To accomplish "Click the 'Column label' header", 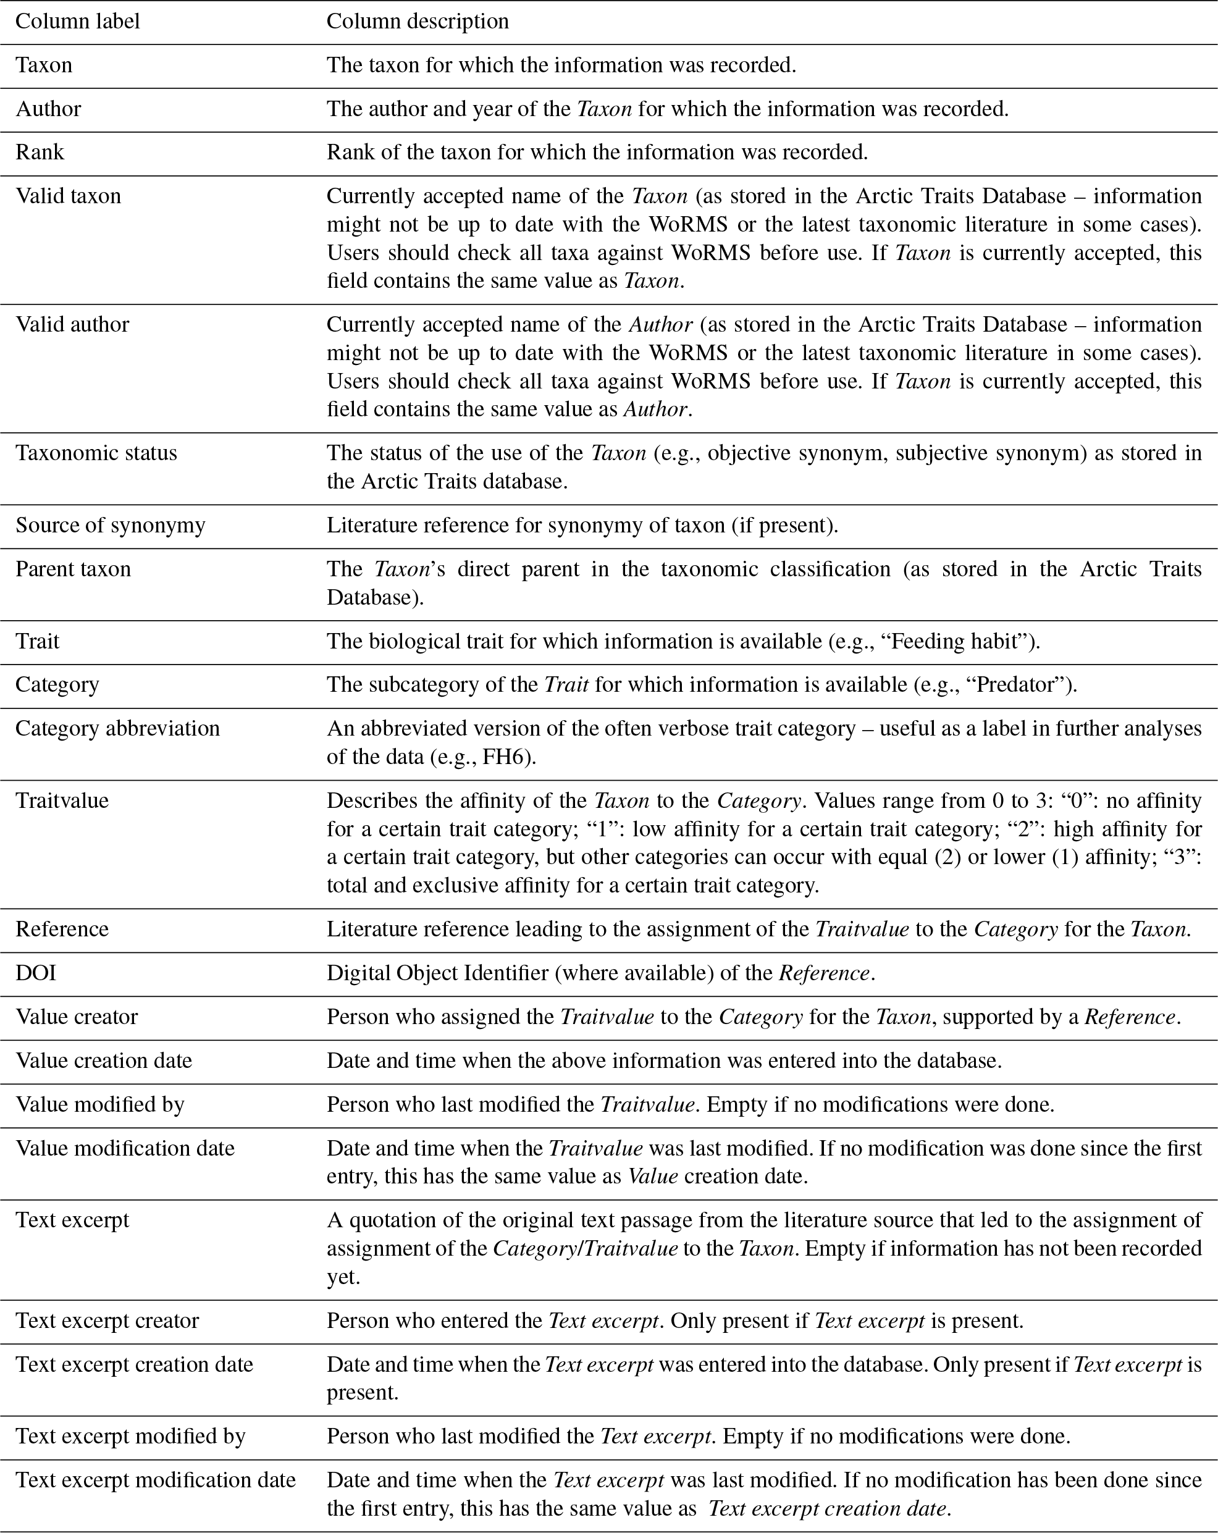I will coord(77,22).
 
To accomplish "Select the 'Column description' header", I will coord(418,22).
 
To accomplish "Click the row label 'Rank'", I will coord(40,152).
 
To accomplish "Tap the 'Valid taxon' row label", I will coord(69,196).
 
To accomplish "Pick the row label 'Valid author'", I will coord(72,324).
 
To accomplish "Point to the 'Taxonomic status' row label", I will coord(96,453).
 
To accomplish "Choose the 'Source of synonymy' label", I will coord(110,525).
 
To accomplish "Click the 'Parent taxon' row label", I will coord(73,569).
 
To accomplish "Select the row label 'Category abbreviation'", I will coord(118,728).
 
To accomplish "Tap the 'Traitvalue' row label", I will coord(62,800).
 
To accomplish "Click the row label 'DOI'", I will coord(36,973).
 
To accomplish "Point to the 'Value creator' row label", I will coord(77,1017).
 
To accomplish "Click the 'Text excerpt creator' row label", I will coord(107,1321).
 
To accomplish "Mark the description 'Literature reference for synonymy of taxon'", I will coord(540,526).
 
